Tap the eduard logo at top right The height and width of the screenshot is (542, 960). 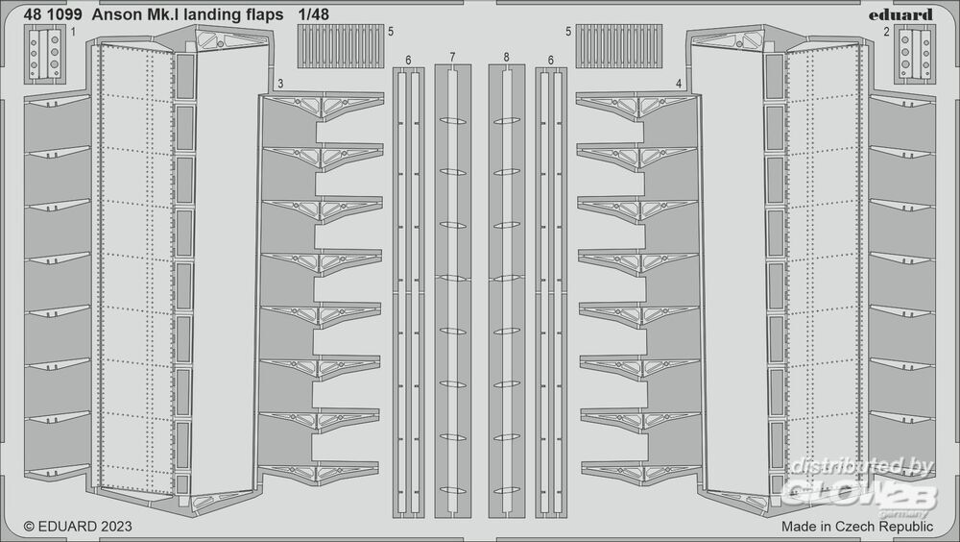[904, 14]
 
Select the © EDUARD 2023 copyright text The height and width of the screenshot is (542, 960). [77, 527]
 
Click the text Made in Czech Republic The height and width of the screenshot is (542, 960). [856, 527]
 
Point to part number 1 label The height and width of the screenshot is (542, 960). [74, 32]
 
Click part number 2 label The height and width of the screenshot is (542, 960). [885, 32]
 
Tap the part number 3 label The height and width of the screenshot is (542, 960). [279, 84]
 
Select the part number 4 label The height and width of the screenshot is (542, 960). [679, 84]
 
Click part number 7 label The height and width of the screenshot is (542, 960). [452, 59]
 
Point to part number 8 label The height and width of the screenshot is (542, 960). [506, 59]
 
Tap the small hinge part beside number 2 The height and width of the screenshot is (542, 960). [915, 54]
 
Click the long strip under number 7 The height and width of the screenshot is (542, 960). [453, 288]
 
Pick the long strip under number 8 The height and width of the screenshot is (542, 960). [506, 288]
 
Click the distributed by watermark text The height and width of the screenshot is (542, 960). [858, 468]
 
